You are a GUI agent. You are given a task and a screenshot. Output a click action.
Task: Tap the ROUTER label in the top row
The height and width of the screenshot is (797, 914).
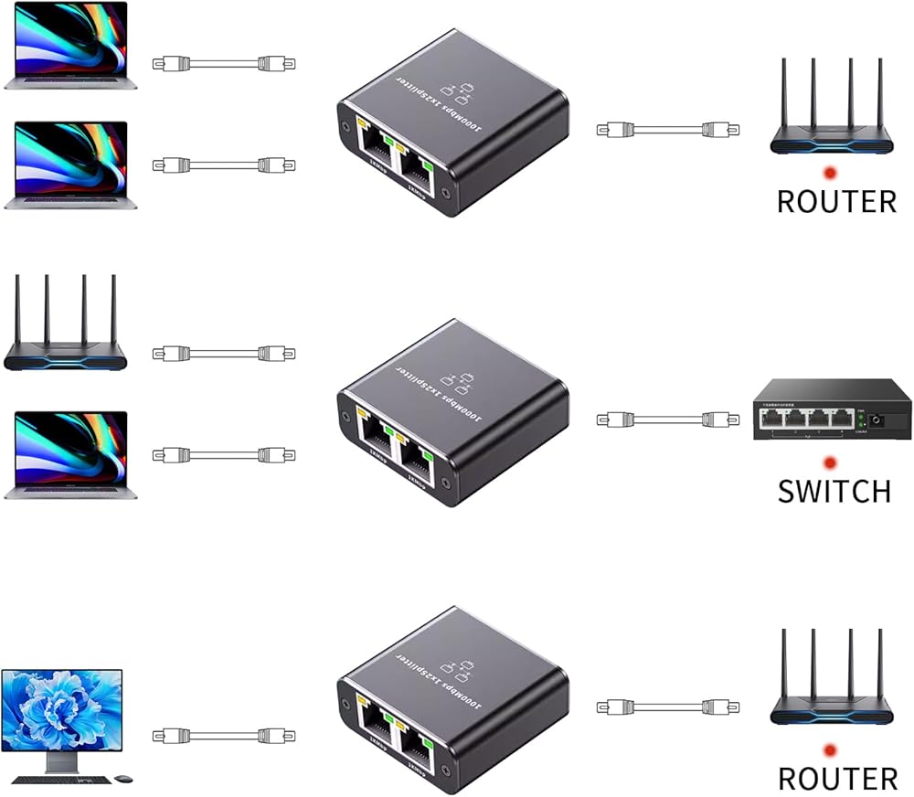point(836,201)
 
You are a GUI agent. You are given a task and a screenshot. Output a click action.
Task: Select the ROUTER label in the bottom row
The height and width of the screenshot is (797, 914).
point(837,778)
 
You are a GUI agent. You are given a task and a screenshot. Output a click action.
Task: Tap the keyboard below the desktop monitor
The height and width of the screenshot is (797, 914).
point(61,780)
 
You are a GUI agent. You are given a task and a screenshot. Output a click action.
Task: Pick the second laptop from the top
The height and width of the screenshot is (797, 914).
point(69,165)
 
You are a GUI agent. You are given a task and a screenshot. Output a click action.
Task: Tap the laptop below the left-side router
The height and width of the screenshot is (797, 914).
point(69,454)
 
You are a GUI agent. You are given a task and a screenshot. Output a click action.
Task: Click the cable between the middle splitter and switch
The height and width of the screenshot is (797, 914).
point(655,420)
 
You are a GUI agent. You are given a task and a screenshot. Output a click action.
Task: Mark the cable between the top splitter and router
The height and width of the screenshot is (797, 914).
point(655,130)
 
